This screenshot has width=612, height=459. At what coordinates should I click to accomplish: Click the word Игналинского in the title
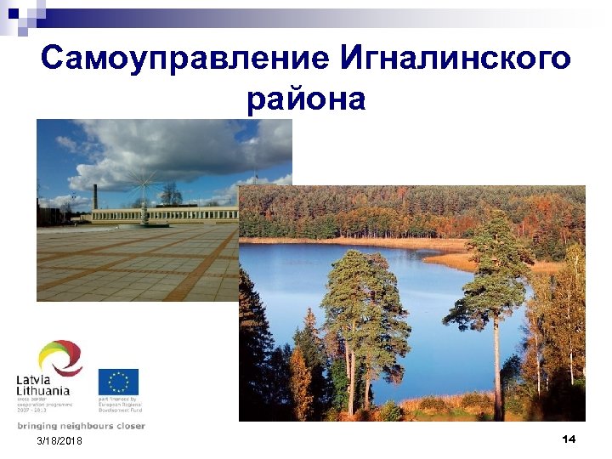pos(455,59)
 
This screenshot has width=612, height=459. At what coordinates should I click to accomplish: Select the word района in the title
pos(306,99)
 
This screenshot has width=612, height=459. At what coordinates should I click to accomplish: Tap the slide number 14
pos(569,439)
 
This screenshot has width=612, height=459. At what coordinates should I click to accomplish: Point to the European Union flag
pos(118,382)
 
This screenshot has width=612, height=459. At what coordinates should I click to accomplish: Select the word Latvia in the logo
pos(37,379)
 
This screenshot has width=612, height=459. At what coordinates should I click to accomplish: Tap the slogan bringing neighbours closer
pos(81,426)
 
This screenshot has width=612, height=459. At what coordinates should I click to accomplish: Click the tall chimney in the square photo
pos(96,195)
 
